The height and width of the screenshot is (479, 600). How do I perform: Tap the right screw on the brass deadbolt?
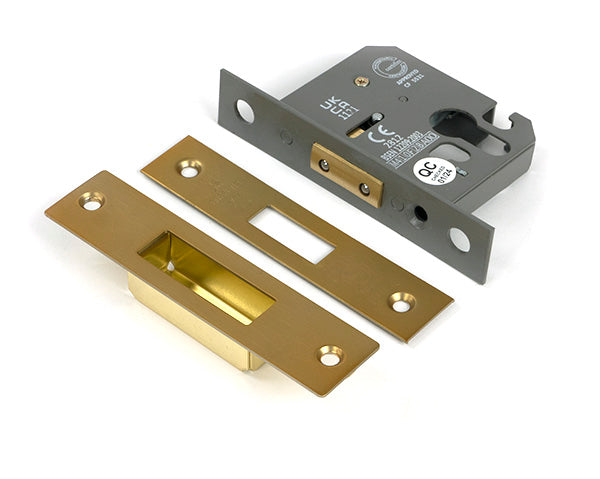364,188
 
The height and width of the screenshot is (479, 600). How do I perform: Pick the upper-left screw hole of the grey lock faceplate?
244,110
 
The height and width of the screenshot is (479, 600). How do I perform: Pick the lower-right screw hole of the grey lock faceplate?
458,239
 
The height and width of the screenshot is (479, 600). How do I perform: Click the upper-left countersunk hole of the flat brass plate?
189,169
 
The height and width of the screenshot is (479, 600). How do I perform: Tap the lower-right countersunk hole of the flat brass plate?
402,300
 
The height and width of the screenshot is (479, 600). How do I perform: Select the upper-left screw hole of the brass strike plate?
92,201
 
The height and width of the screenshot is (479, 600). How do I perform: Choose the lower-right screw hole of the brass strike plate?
330,355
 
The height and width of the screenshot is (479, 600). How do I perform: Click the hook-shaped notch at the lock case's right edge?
519,127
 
